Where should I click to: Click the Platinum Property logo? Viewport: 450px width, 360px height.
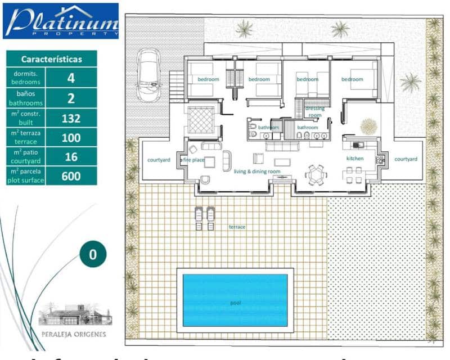[61, 21]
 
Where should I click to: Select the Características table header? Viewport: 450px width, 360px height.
[51, 58]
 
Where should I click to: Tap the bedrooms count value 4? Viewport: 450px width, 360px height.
[71, 78]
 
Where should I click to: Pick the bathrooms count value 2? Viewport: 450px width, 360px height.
[71, 98]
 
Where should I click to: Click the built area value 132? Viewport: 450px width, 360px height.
[71, 118]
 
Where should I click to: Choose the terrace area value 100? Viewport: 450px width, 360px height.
[71, 137]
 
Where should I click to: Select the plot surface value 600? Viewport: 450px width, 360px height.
[71, 175]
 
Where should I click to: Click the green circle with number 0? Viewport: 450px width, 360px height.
[93, 254]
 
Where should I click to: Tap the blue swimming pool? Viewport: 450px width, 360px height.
[235, 300]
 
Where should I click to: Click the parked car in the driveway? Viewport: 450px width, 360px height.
[149, 74]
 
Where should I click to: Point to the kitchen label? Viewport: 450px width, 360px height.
[355, 159]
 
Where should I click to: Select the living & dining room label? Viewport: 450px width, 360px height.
[257, 171]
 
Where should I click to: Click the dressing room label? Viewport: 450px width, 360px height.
[314, 111]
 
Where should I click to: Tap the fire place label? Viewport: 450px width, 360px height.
[193, 160]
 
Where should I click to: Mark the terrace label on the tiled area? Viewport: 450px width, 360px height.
[237, 227]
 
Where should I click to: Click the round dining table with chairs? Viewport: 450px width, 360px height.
[315, 175]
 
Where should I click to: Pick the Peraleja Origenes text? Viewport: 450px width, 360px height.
[72, 334]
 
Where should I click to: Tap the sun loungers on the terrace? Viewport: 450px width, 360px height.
[204, 218]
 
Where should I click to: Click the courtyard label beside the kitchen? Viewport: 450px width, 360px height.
[406, 159]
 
